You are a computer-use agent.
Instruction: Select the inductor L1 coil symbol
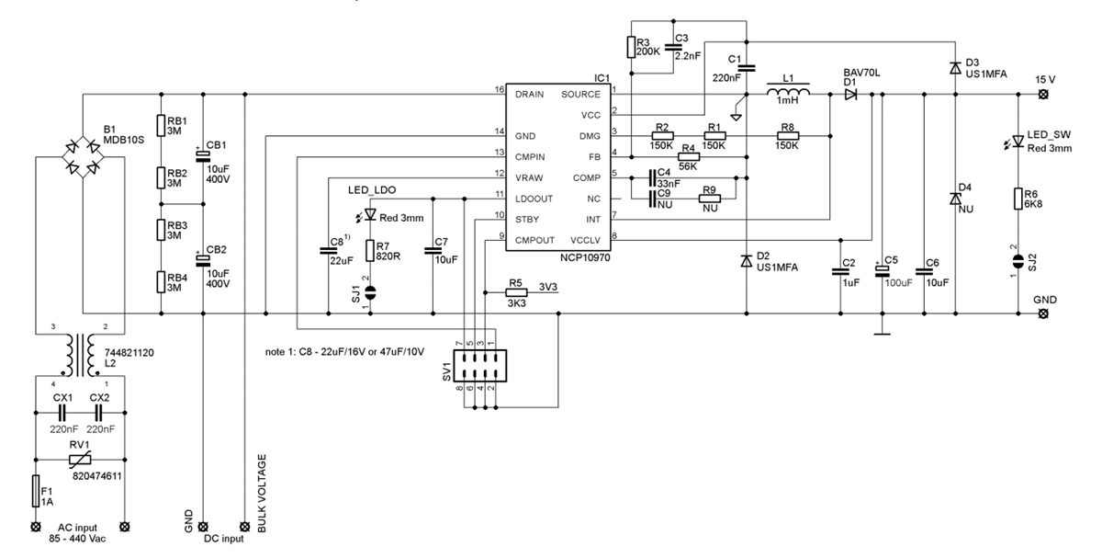(x=788, y=93)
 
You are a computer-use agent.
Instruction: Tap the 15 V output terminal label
(x=1045, y=78)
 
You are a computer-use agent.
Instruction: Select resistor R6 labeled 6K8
(x=1018, y=199)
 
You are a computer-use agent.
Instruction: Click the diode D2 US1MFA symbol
(x=746, y=262)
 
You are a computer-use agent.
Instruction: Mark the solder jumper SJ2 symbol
(x=1018, y=261)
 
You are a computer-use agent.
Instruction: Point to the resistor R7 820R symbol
(x=371, y=251)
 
